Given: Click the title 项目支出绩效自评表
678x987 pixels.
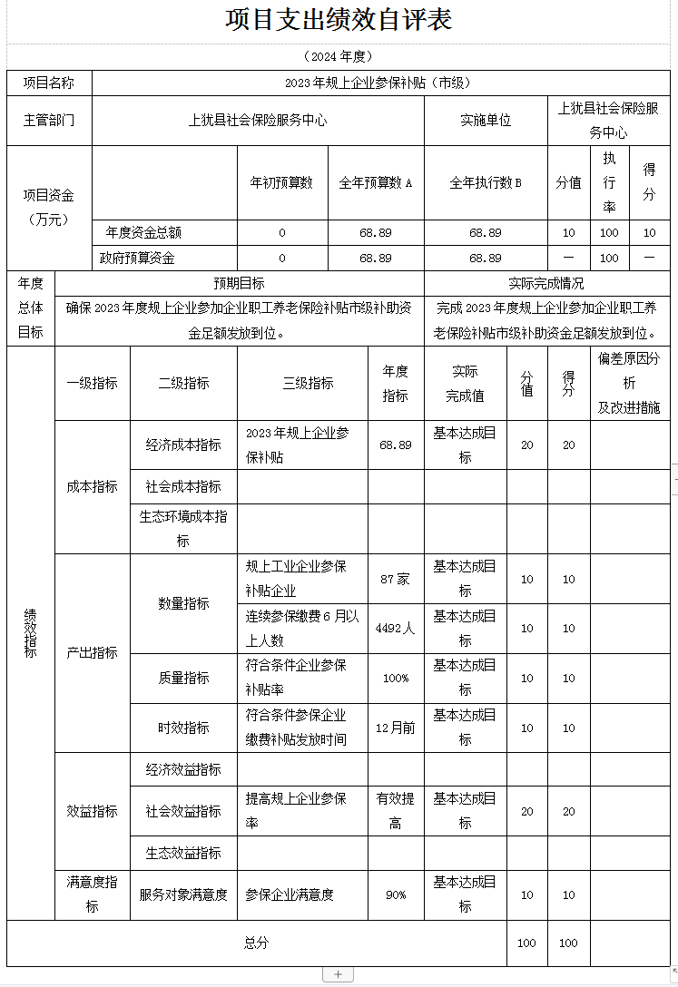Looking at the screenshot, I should [x=339, y=20].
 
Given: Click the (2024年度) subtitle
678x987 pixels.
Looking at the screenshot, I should [x=339, y=56].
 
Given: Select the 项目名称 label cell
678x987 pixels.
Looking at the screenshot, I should [x=49, y=83].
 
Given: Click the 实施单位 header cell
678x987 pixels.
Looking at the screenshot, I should [x=486, y=121].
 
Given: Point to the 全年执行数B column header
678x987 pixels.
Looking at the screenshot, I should [x=486, y=182].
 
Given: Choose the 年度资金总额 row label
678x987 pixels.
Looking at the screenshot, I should [x=143, y=232].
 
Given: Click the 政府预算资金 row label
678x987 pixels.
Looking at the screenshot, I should [x=137, y=258].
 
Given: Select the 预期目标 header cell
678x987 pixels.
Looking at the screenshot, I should [x=240, y=283].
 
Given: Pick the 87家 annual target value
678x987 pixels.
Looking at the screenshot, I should [x=395, y=579].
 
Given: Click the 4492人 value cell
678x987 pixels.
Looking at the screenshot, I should [x=395, y=628].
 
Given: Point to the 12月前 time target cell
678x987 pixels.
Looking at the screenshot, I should [x=395, y=728].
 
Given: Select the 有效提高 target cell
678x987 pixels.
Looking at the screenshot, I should [x=395, y=810].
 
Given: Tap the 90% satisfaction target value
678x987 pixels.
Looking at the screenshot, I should [x=395, y=894].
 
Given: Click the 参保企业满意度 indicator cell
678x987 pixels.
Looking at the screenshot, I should [x=290, y=894].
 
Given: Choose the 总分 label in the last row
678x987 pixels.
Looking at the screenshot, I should [x=256, y=943].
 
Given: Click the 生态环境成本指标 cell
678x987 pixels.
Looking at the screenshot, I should [x=182, y=528].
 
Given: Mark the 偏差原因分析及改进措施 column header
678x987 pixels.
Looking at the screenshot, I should [x=629, y=383].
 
